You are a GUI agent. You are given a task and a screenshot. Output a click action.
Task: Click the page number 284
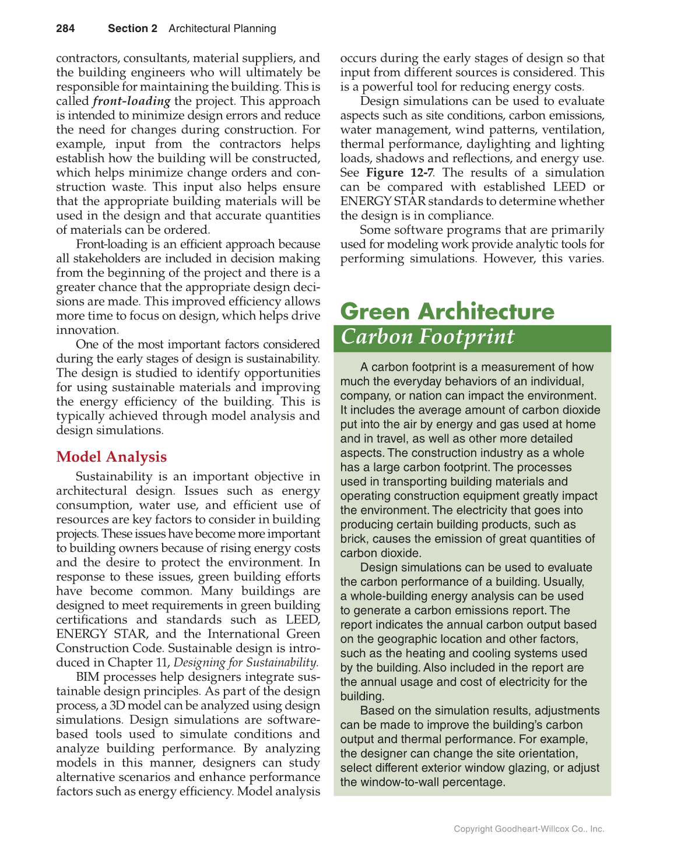tap(65, 29)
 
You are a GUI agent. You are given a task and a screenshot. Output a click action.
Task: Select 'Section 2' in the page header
tap(132, 29)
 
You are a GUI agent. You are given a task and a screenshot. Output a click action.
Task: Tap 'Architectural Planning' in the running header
tap(222, 29)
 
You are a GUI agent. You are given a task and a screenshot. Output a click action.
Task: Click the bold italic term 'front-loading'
tap(131, 101)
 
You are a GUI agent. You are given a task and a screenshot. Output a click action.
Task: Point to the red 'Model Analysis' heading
tap(111, 457)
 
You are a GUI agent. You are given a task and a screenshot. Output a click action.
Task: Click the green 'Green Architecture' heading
tap(447, 311)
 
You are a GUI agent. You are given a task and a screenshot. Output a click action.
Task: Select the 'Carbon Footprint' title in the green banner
tap(427, 337)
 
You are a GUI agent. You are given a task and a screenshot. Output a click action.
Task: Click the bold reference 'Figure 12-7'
tap(399, 173)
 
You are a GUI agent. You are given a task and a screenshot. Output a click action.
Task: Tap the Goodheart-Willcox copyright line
tap(529, 829)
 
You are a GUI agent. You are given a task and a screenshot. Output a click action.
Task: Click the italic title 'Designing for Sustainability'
tap(245, 663)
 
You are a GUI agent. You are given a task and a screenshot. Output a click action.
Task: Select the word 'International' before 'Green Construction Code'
tap(244, 634)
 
